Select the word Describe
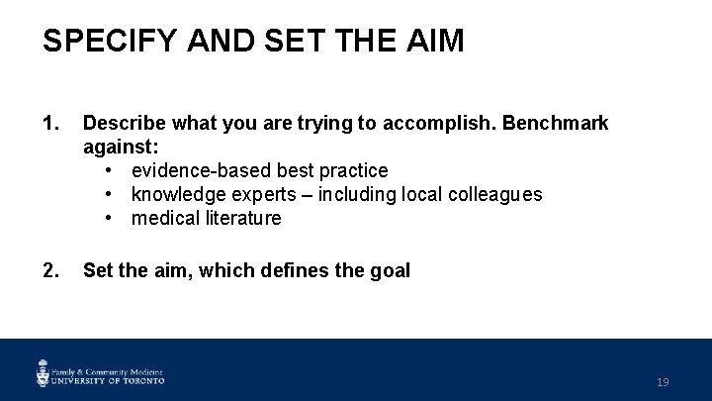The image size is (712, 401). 124,124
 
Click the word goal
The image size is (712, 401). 389,270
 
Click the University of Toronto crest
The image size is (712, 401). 44,372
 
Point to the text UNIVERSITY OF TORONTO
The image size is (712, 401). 109,380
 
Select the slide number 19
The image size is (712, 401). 663,382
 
